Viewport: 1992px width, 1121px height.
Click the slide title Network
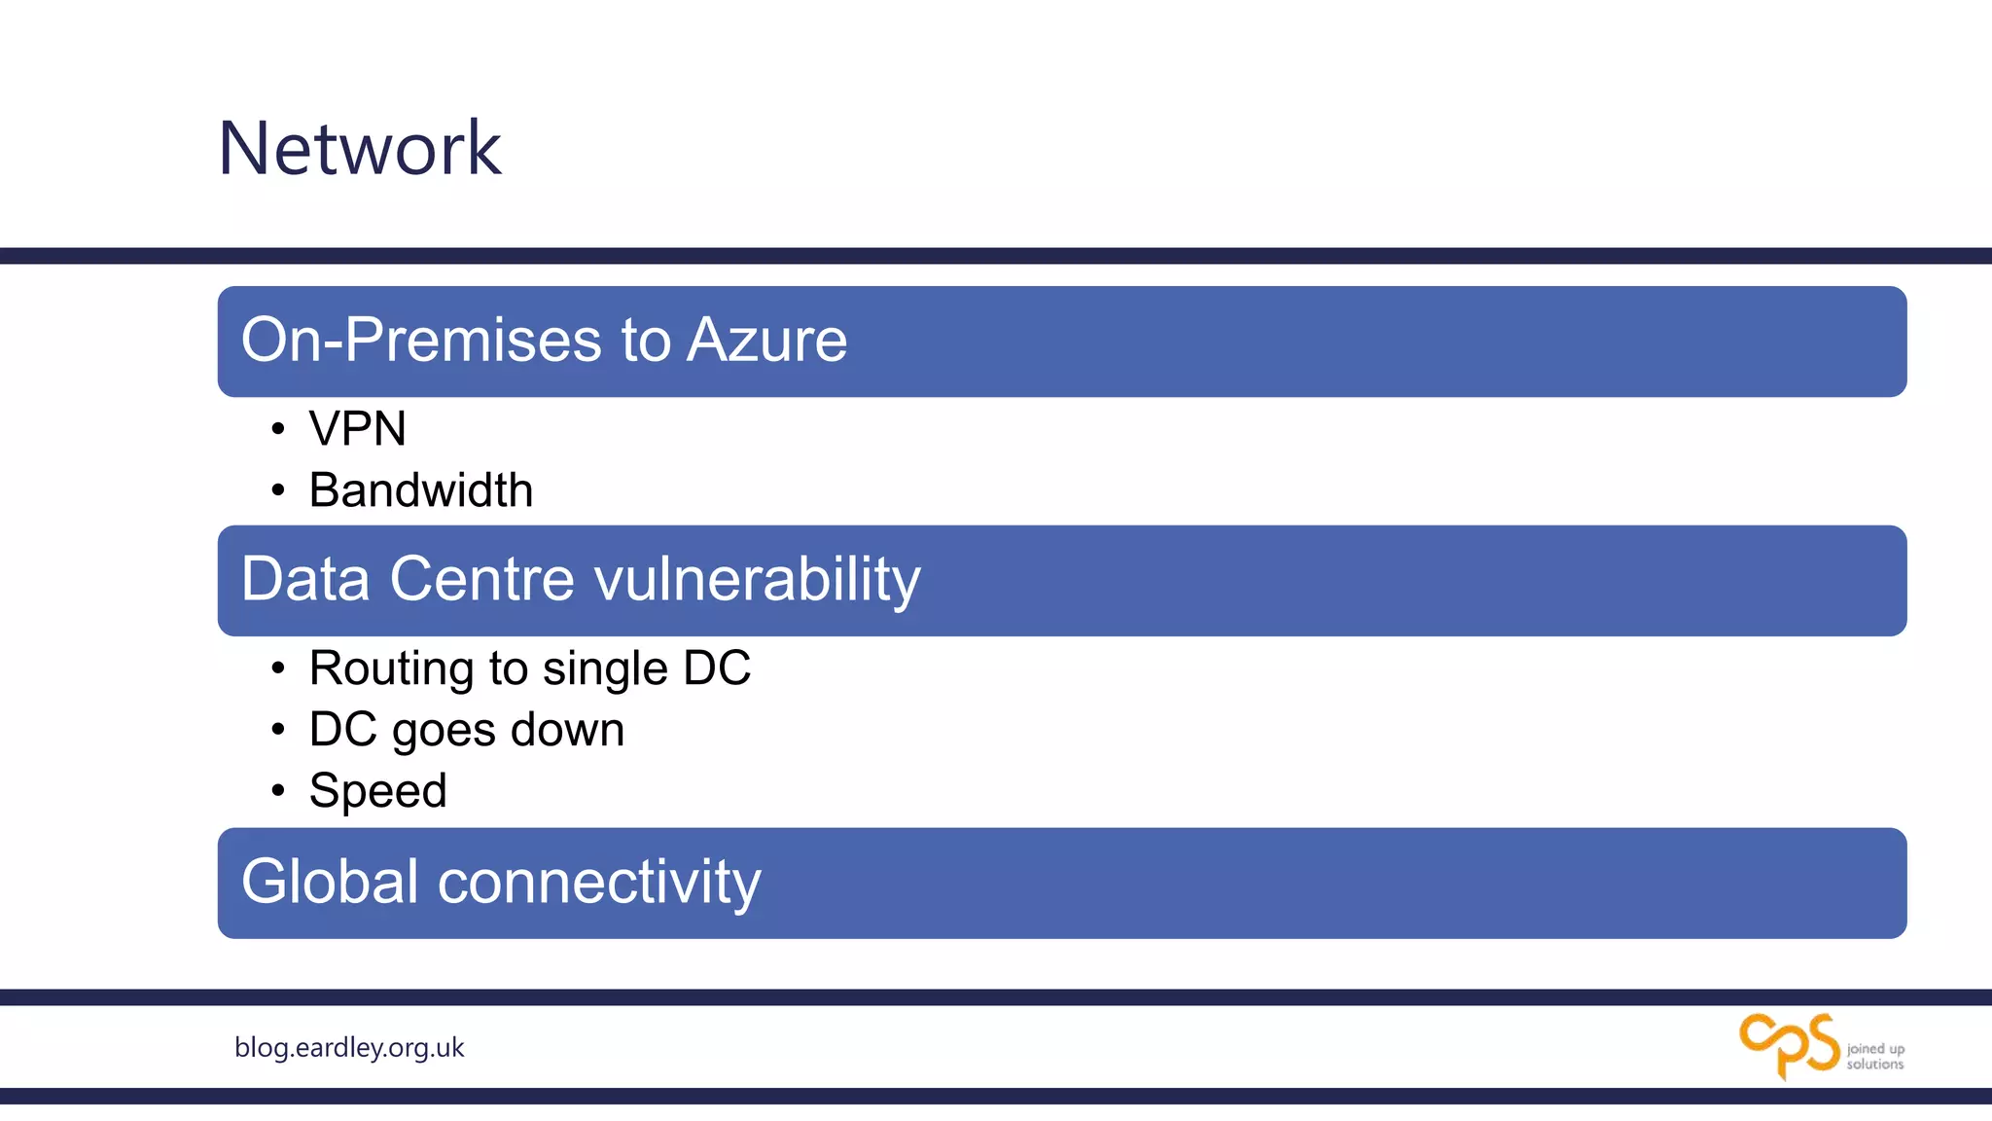click(359, 148)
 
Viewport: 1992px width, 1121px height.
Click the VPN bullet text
click(357, 429)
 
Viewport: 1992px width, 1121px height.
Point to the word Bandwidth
click(420, 489)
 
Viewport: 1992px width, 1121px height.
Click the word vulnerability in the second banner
click(757, 580)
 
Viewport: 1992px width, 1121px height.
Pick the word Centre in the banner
click(482, 579)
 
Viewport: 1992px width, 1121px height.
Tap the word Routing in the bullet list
click(392, 669)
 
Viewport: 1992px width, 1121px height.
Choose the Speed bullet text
click(377, 791)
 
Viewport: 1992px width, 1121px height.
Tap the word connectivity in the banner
click(599, 882)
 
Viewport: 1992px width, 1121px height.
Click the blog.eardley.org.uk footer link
click(349, 1047)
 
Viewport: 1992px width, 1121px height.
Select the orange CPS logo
click(1789, 1045)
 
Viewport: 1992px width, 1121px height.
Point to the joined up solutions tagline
click(1875, 1056)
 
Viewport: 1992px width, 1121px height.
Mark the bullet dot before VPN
click(278, 429)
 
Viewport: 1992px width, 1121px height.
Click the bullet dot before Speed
click(278, 790)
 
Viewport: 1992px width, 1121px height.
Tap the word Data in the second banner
click(304, 579)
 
